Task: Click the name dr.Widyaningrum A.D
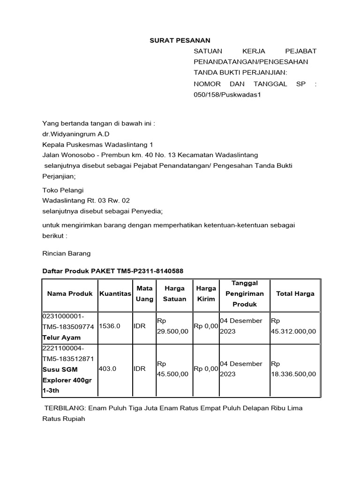76,134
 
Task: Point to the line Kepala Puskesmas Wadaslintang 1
97,144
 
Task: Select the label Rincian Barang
66,254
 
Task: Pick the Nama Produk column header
69,294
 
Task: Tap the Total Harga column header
295,294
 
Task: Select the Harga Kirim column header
205,294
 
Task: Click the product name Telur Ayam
61,337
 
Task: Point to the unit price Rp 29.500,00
172,326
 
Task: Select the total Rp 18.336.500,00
293,369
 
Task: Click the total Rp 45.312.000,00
293,326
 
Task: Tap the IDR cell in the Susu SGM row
140,369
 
